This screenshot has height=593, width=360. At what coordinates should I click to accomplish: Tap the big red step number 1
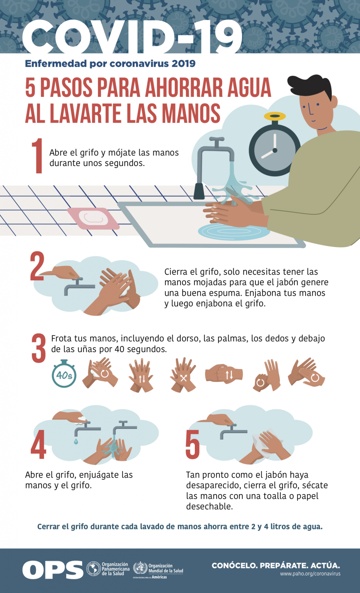(37, 156)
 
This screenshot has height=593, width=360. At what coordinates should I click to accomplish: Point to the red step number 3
(39, 348)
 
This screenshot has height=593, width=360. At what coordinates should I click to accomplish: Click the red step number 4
(38, 444)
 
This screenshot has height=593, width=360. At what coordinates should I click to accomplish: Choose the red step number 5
(192, 444)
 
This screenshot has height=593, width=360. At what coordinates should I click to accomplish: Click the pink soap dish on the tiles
(93, 218)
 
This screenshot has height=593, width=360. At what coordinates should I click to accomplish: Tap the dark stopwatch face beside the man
(274, 150)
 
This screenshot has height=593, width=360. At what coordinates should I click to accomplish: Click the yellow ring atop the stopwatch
(275, 116)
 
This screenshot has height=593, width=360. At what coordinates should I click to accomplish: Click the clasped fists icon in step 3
(224, 374)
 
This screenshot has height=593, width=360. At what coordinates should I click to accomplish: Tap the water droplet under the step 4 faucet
(76, 441)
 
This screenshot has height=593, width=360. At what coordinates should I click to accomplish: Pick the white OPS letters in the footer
(52, 570)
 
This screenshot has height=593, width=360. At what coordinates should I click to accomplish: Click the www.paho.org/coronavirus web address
(310, 574)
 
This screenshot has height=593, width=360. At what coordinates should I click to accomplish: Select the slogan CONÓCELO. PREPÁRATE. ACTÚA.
(276, 566)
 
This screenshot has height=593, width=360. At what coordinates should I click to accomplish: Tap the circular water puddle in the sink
(234, 231)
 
